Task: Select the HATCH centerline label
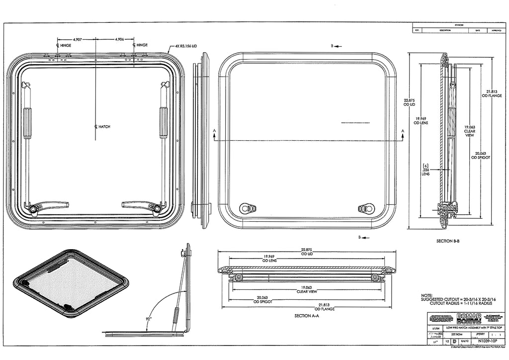point(102,127)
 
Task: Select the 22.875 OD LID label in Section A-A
point(309,251)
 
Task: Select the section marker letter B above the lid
point(332,46)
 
